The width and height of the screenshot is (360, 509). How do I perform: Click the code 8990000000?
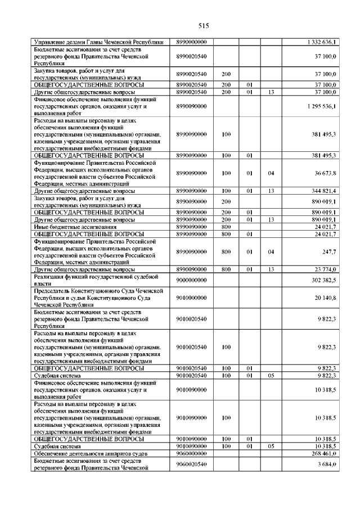pos(192,42)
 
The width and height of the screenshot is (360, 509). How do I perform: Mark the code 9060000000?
pos(192,453)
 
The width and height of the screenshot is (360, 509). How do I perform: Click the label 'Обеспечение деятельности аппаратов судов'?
pos(88,453)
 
